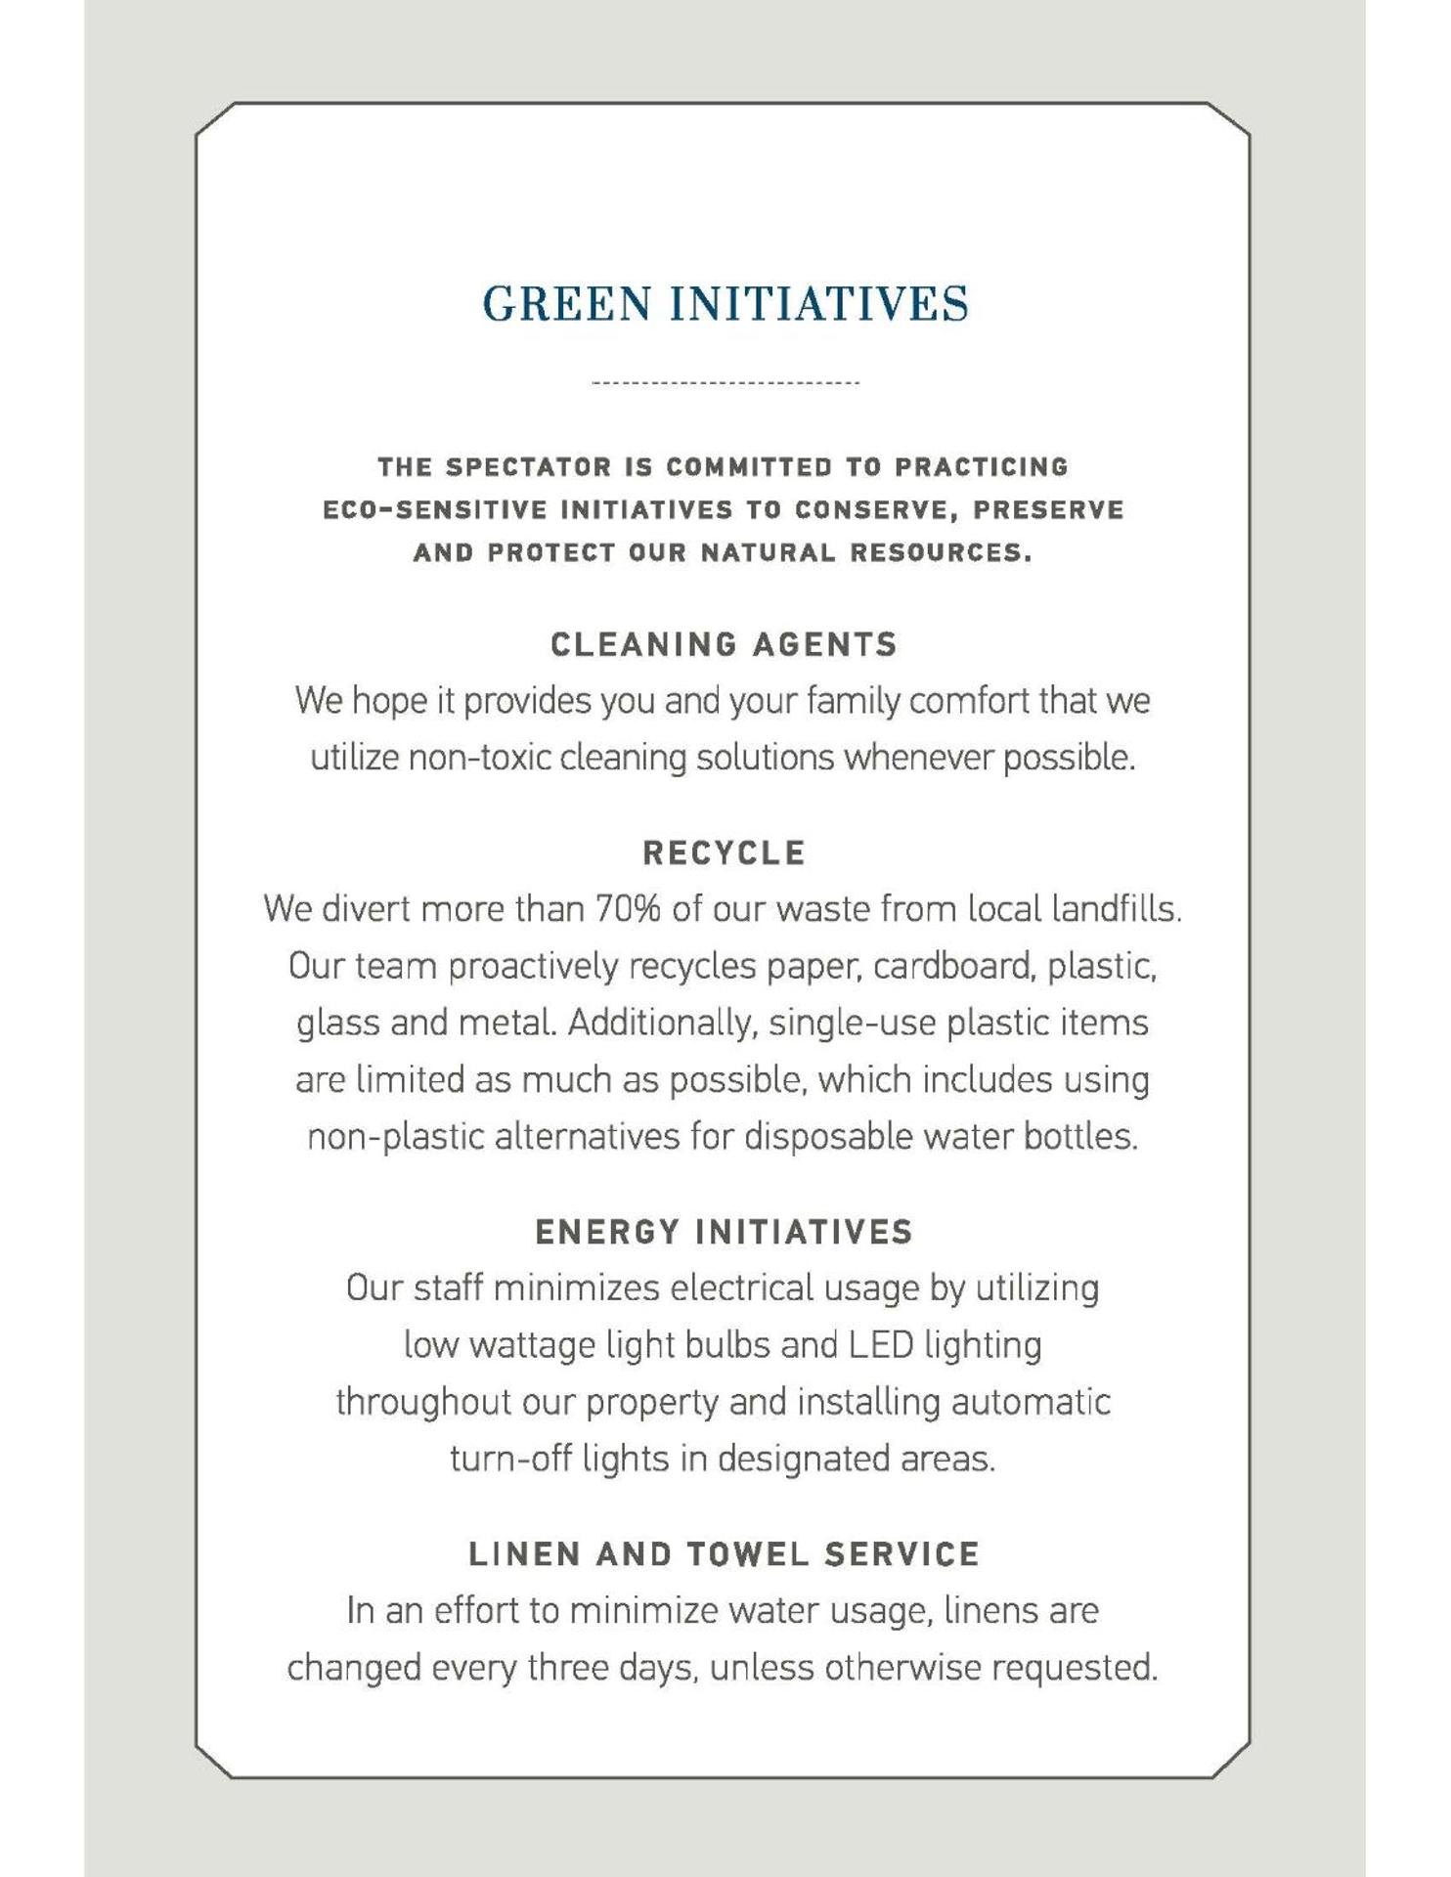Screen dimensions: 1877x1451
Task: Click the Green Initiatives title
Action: [725, 303]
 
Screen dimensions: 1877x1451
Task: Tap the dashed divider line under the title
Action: [725, 382]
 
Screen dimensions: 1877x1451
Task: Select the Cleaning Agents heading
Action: [724, 645]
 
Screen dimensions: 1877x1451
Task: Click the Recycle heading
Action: [724, 853]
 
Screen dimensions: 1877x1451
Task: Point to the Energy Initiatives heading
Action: [724, 1232]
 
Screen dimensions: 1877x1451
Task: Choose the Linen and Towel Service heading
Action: [724, 1554]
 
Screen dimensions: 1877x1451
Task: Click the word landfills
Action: [1116, 910]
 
